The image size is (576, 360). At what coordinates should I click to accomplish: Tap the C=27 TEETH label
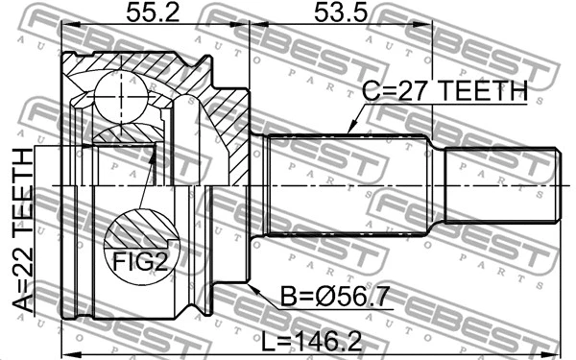pyautogui.click(x=444, y=92)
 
